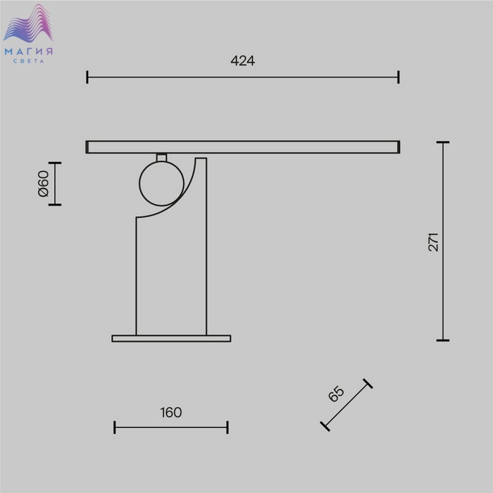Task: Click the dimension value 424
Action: pos(242,61)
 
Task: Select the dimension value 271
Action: pos(433,242)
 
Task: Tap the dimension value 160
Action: pos(171,413)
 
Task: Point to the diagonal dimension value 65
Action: pos(336,393)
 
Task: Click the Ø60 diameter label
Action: pos(44,184)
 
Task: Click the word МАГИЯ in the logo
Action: pos(29,51)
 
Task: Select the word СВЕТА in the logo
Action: pos(29,61)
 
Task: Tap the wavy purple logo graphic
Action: pos(28,23)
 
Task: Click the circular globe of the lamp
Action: pos(161,184)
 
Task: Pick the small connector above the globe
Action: pos(161,157)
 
